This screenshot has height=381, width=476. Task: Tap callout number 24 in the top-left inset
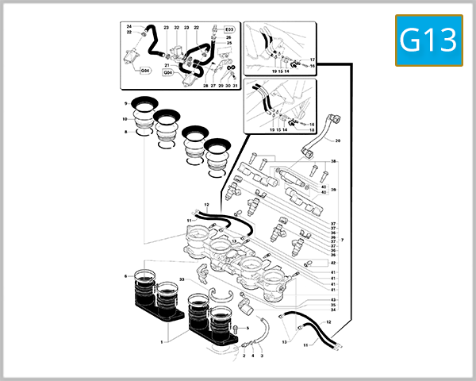pyautogui.click(x=129, y=26)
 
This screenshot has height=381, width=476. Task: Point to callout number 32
pyautogui.click(x=176, y=28)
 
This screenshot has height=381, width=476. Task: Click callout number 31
pyautogui.click(x=235, y=85)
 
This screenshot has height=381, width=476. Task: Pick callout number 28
pyautogui.click(x=205, y=85)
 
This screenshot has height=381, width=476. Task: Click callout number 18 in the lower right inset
pyautogui.click(x=313, y=131)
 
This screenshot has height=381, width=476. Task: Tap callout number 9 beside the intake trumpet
pyautogui.click(x=125, y=103)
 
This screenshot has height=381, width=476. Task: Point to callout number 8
pyautogui.click(x=125, y=132)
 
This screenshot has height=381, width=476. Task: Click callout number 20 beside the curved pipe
pyautogui.click(x=337, y=140)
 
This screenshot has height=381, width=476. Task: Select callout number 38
pyautogui.click(x=334, y=162)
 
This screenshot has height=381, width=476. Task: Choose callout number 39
pyautogui.click(x=334, y=190)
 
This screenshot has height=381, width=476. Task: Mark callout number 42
pyautogui.click(x=333, y=263)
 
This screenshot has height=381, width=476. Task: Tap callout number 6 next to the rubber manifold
pyautogui.click(x=125, y=276)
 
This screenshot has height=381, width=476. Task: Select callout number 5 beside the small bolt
pyautogui.click(x=248, y=328)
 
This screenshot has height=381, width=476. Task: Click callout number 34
pyautogui.click(x=333, y=310)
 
